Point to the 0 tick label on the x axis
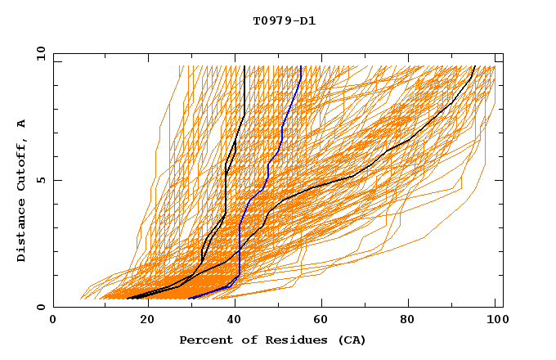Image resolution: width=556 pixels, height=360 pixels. [54, 322]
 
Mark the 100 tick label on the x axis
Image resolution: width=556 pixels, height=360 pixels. [495, 322]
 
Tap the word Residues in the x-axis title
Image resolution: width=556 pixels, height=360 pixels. [282, 340]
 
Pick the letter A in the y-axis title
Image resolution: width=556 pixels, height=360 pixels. [21, 124]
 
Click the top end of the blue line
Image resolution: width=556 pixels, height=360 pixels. [301, 65]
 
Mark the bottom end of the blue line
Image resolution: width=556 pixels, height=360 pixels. [190, 299]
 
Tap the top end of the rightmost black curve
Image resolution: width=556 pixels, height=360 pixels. [475, 65]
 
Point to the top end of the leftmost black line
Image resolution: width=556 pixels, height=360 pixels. [244, 65]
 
